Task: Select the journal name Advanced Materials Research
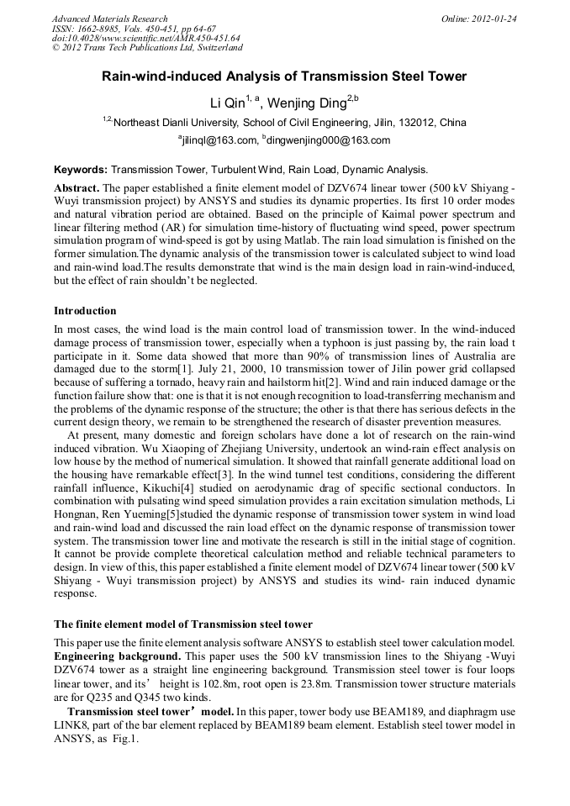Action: coord(110,18)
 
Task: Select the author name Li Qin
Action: coord(226,103)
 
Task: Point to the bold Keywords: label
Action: coord(81,169)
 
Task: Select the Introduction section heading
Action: coord(85,311)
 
